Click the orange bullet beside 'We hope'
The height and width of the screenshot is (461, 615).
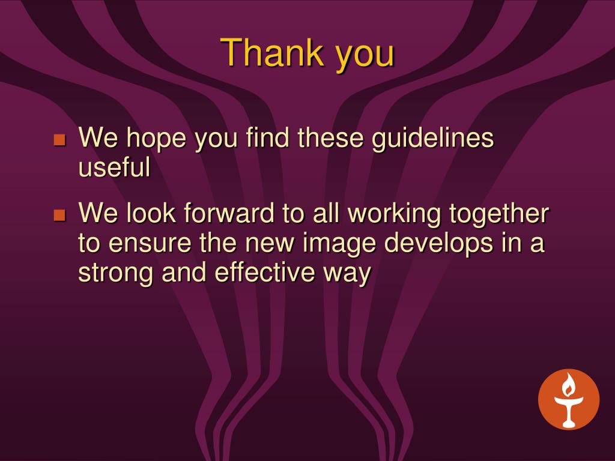pyautogui.click(x=59, y=139)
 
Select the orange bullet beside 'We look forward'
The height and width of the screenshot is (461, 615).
pyautogui.click(x=59, y=215)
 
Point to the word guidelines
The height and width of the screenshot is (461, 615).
pyautogui.click(x=432, y=138)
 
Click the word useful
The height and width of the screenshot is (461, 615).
pyautogui.click(x=114, y=167)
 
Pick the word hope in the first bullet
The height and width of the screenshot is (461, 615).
pyautogui.click(x=156, y=139)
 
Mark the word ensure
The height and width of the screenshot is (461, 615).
pyautogui.click(x=150, y=244)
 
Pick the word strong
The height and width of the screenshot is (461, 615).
pyautogui.click(x=115, y=274)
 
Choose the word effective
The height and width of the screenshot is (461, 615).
pyautogui.click(x=265, y=272)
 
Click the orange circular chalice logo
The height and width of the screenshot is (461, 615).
pyautogui.click(x=569, y=399)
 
